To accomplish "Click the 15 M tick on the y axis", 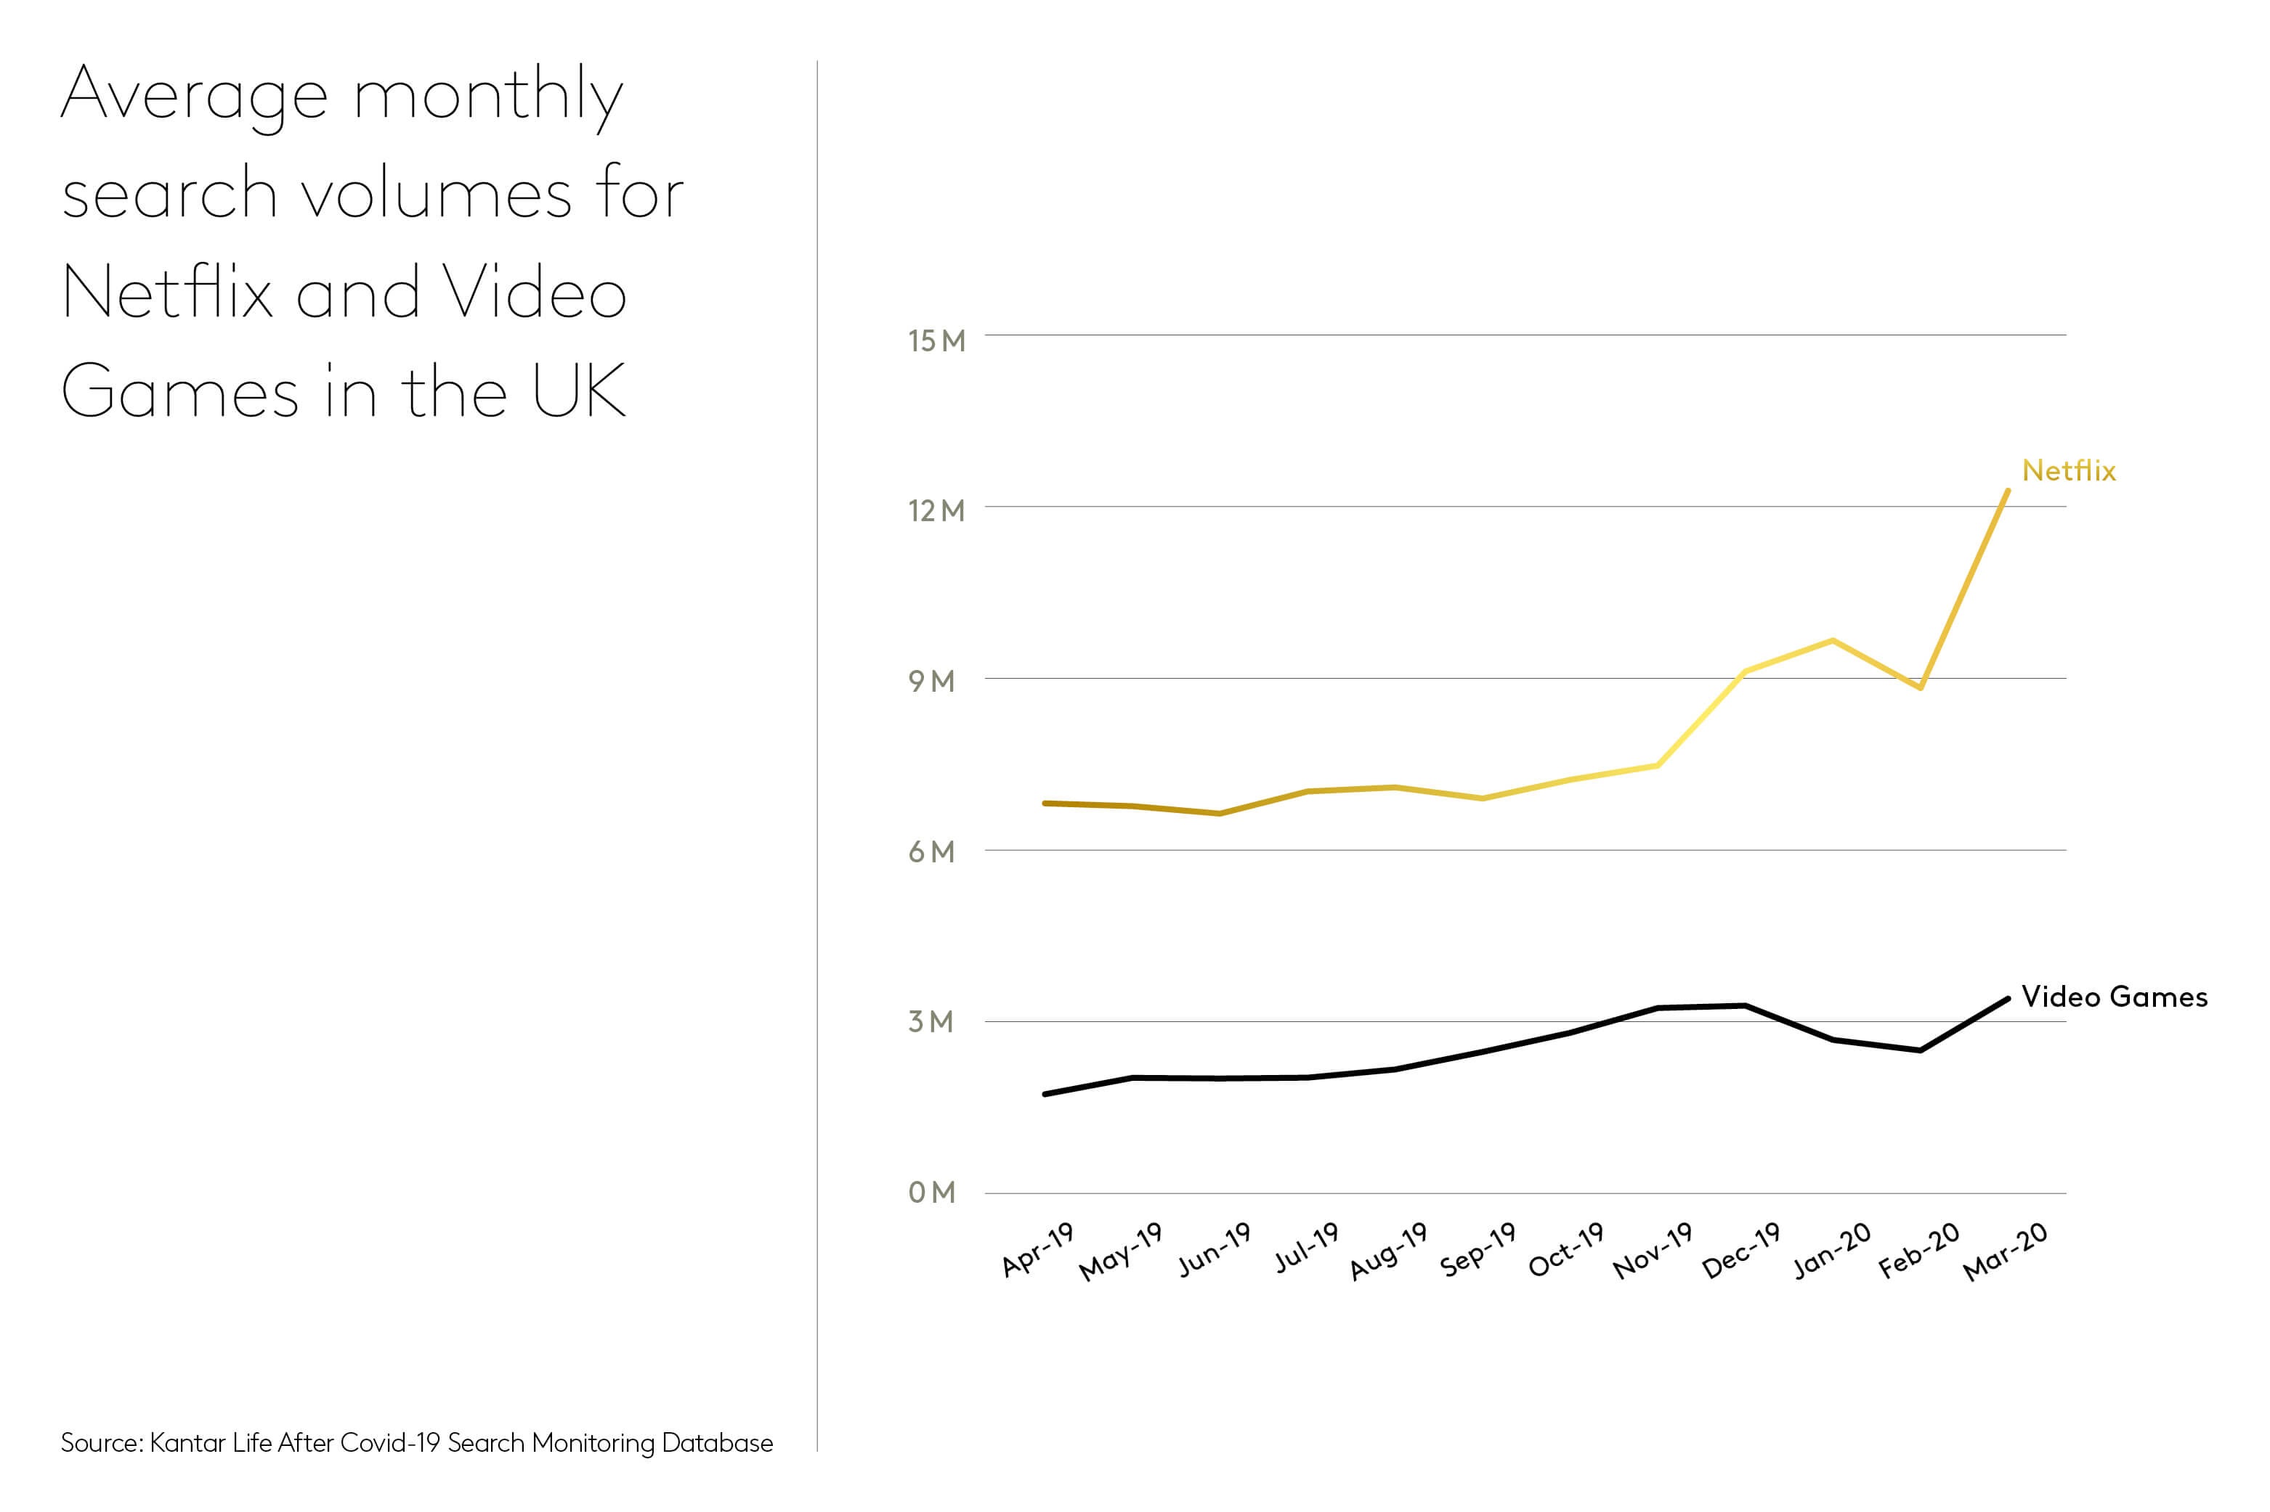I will tap(935, 340).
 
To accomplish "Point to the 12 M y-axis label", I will tap(935, 511).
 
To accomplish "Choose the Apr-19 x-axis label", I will tap(1038, 1251).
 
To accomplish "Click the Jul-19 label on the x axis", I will tap(1308, 1248).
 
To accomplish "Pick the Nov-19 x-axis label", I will tap(1653, 1251).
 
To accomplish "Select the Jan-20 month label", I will tap(1832, 1251).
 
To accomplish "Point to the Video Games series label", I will tap(2114, 997).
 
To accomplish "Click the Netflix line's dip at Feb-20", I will tap(1921, 687).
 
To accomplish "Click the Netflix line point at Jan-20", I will tap(1832, 640).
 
